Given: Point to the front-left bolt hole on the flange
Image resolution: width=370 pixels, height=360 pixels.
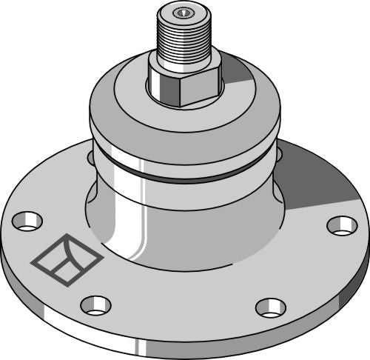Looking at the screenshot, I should click(95, 304).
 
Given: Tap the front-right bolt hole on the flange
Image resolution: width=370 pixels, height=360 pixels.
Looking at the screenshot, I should click(270, 307).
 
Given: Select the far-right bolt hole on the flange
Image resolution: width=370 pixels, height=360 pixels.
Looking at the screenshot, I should click(342, 225).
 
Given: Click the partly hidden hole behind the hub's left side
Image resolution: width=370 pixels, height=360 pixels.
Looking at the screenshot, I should click(90, 157).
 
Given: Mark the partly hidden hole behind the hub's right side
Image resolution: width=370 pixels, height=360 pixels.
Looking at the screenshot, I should click(279, 154).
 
